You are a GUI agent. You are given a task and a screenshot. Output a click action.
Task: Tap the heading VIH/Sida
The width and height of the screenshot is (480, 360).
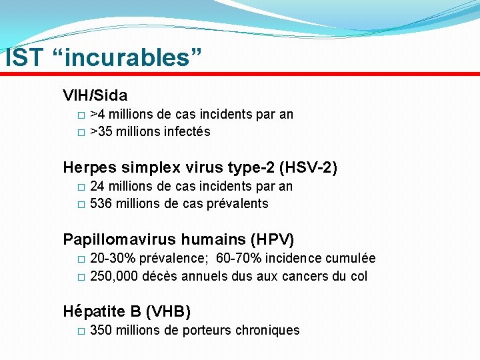(95, 95)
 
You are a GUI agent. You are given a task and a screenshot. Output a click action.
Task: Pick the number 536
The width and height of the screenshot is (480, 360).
(101, 204)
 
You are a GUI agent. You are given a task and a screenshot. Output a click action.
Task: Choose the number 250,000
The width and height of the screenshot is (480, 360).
(115, 276)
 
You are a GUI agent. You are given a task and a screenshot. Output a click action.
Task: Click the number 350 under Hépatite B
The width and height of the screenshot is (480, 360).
(101, 331)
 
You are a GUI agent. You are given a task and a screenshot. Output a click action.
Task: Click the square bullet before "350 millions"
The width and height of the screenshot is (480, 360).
(81, 331)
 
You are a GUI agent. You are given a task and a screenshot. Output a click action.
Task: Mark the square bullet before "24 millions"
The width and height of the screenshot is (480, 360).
(81, 187)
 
